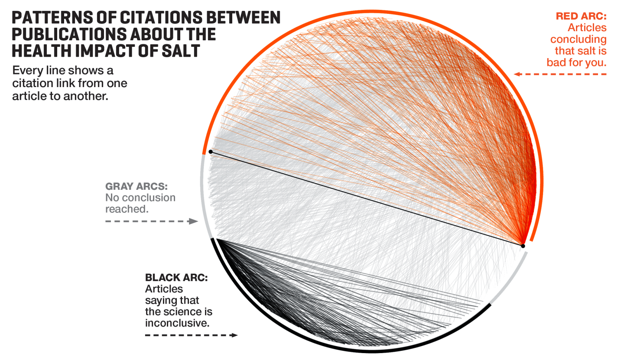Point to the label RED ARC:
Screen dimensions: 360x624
pos(581,16)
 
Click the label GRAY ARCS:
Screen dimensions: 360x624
pos(136,187)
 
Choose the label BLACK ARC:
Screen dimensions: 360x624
pos(176,278)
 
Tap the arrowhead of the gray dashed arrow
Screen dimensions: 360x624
pos(194,221)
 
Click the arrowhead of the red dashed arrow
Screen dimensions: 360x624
pos(517,74)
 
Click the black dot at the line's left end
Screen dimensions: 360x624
pos(210,152)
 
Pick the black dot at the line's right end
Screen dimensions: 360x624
pos(523,246)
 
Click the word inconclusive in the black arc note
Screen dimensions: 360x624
pos(177,323)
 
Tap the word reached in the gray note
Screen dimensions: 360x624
pos(126,209)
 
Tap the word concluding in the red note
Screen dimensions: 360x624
pos(578,39)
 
